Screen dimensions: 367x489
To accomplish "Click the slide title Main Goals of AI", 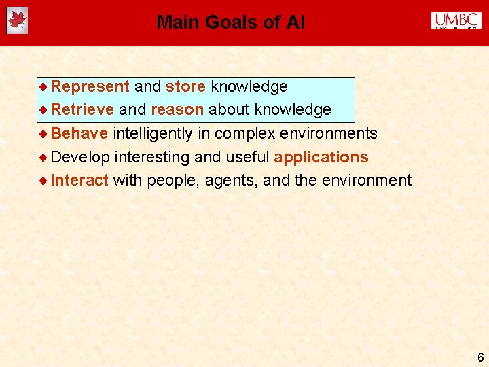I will (230, 22).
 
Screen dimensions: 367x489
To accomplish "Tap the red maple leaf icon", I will (16, 21).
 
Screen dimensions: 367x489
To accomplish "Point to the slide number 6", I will (480, 357).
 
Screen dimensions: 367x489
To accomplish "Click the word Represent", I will (90, 87).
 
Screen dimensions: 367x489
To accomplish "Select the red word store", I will (185, 87).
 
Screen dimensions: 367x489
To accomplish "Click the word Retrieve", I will (82, 110).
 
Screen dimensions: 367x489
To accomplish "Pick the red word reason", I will (177, 110).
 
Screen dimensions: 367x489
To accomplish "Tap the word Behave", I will (79, 133).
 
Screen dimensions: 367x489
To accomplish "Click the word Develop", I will (80, 158).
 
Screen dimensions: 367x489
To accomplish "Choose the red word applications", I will (321, 158).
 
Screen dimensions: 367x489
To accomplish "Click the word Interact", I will (79, 180).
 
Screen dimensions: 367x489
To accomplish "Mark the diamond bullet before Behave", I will (43, 134).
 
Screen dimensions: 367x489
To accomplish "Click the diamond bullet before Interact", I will (43, 181).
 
